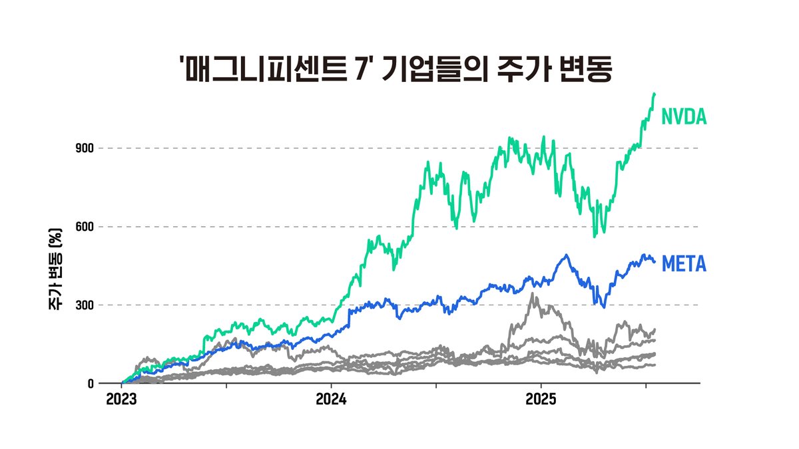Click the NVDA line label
pos(684,118)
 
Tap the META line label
pos(684,265)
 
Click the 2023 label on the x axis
pos(122,402)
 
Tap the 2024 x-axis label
pos(331,402)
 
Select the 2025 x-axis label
pos(541,402)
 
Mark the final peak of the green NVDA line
pos(655,94)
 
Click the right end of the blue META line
pos(655,262)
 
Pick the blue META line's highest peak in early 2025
pos(567,255)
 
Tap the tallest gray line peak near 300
pos(533,293)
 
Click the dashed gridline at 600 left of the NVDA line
pos(266,227)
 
